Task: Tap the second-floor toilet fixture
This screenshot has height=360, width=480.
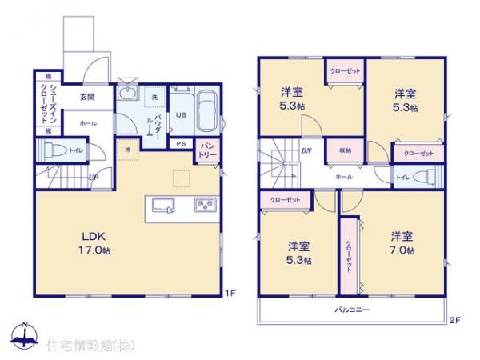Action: [x=426, y=177]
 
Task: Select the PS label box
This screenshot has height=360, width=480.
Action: [x=181, y=144]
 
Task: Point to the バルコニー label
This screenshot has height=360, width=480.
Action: [x=350, y=308]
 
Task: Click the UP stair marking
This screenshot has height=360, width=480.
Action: [x=94, y=178]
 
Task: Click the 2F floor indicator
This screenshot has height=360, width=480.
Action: [x=454, y=321]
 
